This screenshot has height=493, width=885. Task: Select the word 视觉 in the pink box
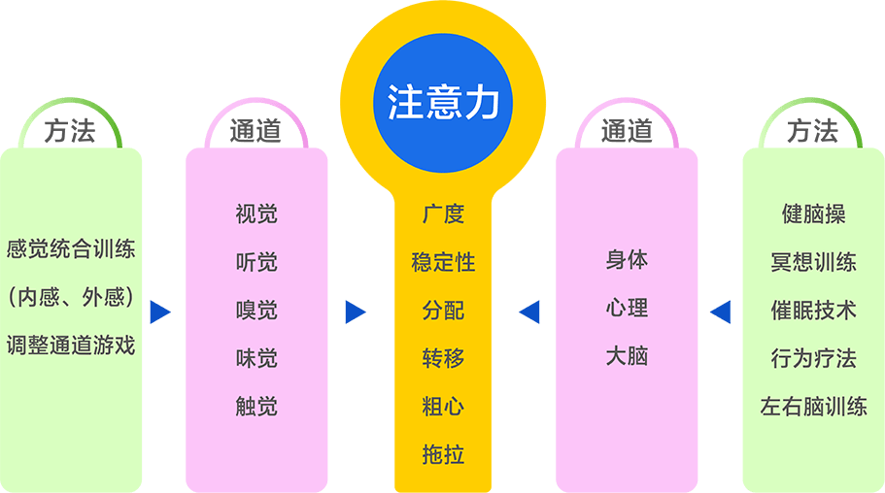[256, 214]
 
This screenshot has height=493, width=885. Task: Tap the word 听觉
[256, 262]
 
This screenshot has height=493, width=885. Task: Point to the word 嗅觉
[256, 311]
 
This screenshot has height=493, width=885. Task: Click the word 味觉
[256, 358]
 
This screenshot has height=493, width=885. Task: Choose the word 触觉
[256, 407]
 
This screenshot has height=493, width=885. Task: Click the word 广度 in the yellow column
[443, 214]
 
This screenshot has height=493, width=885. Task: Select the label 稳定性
[443, 262]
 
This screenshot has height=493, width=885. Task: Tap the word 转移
[443, 358]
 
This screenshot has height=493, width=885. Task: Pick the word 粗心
[443, 407]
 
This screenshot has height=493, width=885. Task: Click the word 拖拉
[443, 454]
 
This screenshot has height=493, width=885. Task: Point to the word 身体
[627, 260]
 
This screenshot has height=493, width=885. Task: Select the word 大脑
[627, 356]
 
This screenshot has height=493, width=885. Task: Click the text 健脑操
[814, 214]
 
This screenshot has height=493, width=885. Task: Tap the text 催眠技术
[814, 311]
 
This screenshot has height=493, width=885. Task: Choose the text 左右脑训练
[814, 407]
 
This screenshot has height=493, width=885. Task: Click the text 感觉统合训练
[71, 249]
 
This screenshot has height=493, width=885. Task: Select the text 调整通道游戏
[71, 345]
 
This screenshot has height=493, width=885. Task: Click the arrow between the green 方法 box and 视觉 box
[160, 312]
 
